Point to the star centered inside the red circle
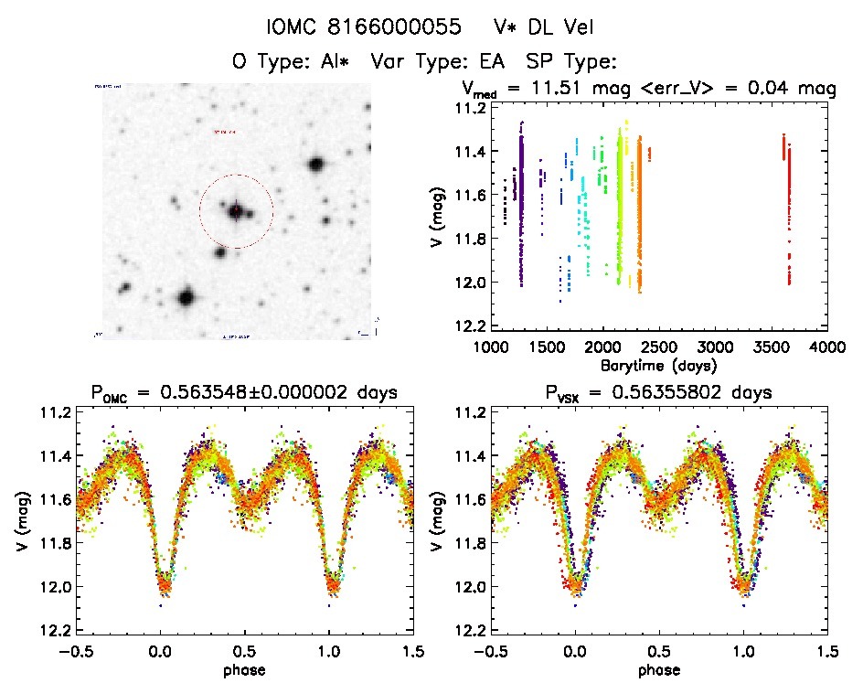236,210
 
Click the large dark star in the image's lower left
186,297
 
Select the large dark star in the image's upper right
316,165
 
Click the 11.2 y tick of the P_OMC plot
55,412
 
